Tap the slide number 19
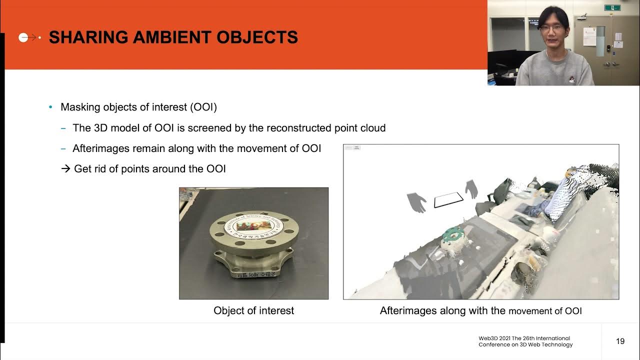click(620, 341)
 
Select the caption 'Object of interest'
click(253, 310)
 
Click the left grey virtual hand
click(416, 202)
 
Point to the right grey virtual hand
click(471, 189)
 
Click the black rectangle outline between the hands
click(448, 199)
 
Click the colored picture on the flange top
click(253, 226)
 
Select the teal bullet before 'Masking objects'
click(50, 107)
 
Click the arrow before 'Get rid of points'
click(65, 169)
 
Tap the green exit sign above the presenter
click(612, 7)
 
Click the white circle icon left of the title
click(23, 37)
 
